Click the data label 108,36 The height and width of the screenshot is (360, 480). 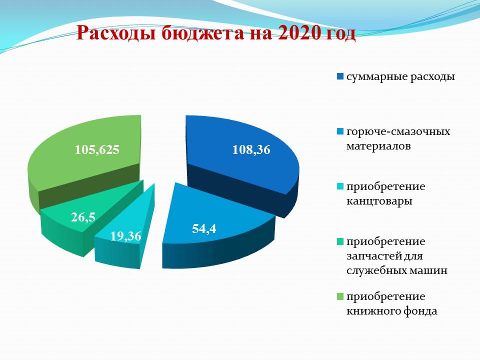click(251, 150)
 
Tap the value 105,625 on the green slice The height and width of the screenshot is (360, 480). click(97, 150)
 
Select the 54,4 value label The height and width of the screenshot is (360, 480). click(204, 229)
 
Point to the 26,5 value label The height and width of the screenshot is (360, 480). click(83, 217)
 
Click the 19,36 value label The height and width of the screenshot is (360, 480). click(126, 236)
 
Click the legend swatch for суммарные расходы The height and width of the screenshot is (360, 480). click(340, 76)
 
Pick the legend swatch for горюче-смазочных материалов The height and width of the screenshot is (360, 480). click(340, 131)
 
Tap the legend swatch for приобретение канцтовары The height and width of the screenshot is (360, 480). click(340, 186)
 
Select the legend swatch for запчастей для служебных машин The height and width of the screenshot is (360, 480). click(340, 241)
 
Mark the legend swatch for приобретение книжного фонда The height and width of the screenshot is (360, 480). click(340, 296)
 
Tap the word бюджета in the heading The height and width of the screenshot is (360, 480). click(202, 33)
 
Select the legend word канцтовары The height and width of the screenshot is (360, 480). click(379, 201)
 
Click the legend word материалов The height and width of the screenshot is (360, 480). click(378, 146)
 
